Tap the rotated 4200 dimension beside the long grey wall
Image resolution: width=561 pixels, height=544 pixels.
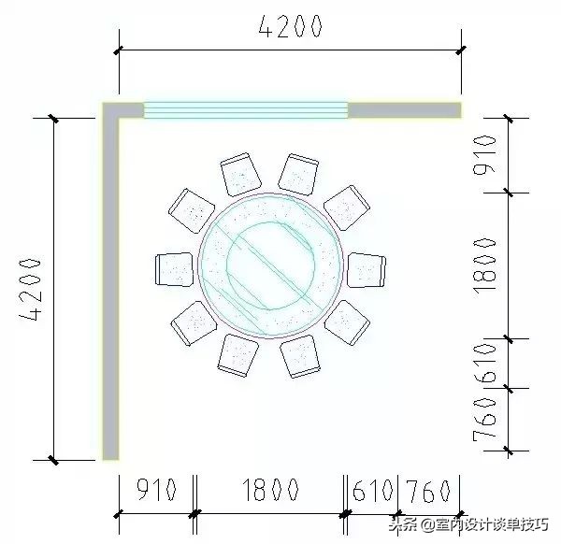(33, 289)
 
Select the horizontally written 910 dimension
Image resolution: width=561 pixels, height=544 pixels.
(157, 490)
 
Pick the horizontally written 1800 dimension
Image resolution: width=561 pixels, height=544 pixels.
(270, 490)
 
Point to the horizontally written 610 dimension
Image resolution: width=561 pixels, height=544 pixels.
(374, 490)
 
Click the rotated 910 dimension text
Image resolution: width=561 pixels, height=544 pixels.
(483, 156)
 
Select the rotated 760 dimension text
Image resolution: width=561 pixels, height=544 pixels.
(483, 420)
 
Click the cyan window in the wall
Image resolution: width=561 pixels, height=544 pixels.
(245, 110)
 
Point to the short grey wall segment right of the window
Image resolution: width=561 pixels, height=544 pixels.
(404, 110)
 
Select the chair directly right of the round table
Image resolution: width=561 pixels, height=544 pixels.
(366, 269)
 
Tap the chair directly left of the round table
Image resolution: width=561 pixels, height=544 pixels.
(173, 269)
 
